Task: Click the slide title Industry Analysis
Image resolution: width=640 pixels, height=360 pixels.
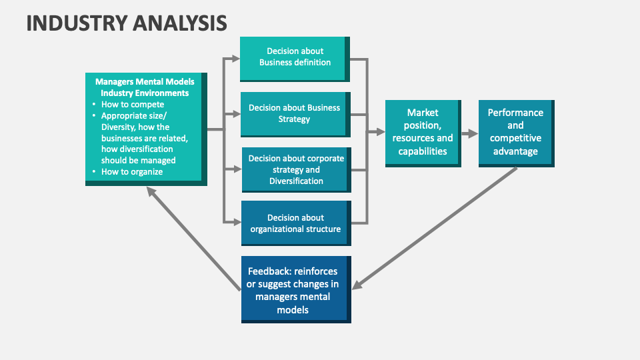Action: click(127, 23)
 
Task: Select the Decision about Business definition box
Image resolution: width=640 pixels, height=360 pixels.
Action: click(294, 57)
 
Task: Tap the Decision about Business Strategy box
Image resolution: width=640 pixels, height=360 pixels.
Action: click(294, 113)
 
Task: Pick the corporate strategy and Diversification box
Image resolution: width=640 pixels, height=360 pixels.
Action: click(294, 169)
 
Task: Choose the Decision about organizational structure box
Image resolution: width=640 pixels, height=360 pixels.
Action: click(294, 223)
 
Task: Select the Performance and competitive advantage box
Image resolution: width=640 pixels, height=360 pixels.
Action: click(515, 132)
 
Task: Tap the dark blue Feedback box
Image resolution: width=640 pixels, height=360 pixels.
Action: click(294, 290)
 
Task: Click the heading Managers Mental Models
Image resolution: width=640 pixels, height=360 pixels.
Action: click(145, 82)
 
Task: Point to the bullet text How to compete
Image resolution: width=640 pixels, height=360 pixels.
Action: click(132, 105)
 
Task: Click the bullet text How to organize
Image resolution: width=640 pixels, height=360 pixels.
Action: click(132, 172)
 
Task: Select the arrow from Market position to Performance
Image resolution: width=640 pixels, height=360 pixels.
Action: click(469, 133)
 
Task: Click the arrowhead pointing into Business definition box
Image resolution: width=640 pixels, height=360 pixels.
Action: click(235, 57)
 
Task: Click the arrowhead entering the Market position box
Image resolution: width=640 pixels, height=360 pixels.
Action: click(380, 133)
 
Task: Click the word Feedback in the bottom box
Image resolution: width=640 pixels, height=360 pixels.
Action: click(269, 271)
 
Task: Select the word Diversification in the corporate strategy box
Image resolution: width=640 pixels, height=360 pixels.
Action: click(296, 181)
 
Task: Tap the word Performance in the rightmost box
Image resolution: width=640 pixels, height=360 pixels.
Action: click(515, 113)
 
